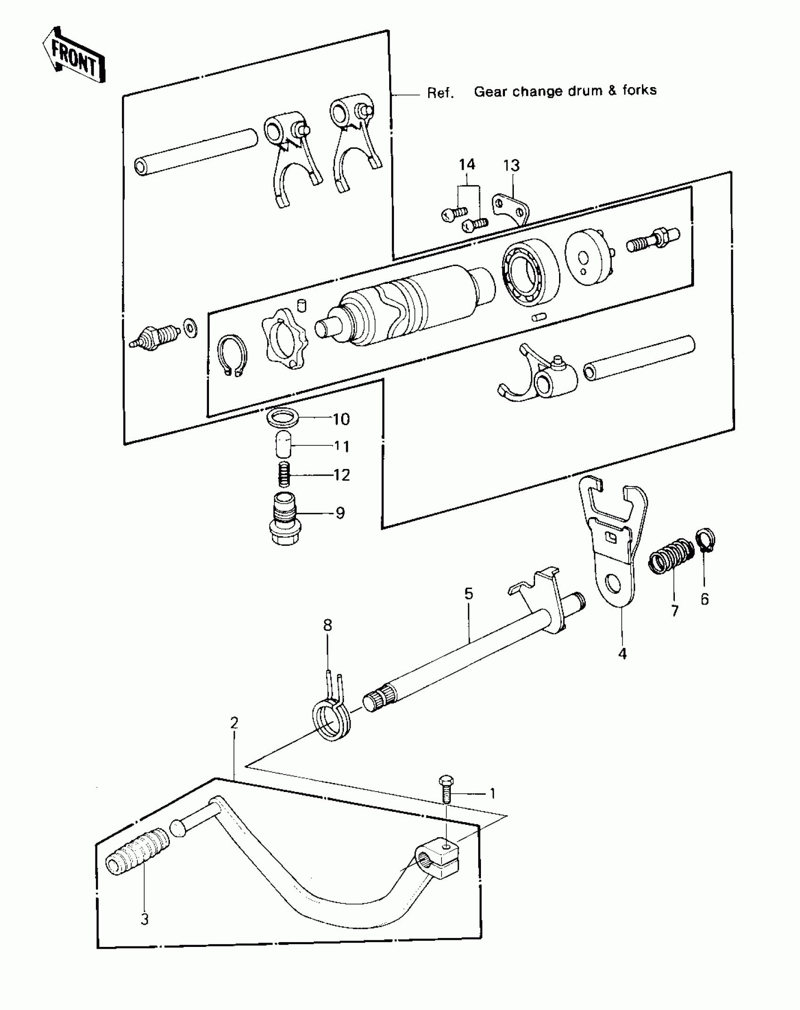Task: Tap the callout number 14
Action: [x=467, y=165]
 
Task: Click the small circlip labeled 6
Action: [x=705, y=540]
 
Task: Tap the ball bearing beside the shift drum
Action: [x=530, y=271]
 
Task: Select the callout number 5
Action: [x=469, y=593]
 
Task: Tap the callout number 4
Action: [x=622, y=654]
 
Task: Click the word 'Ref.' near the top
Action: [x=440, y=93]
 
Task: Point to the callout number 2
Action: [x=234, y=723]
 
